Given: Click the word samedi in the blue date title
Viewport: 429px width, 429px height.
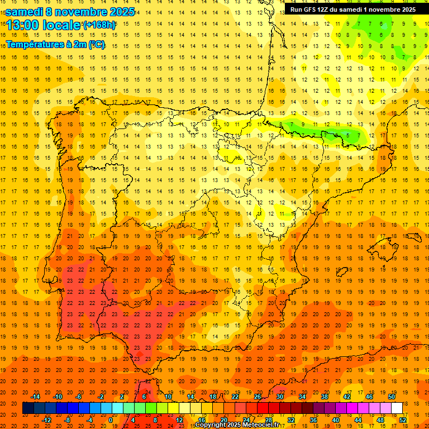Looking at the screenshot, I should point(26,12).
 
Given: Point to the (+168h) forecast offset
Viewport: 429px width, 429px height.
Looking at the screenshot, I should point(99,25).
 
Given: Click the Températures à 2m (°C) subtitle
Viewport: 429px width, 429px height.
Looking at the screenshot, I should point(55,44).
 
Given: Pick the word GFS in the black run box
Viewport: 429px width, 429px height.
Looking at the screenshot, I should point(312,9).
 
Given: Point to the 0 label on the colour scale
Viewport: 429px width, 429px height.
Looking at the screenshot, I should point(111,420).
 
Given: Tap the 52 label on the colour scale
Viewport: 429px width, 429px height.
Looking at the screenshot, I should point(403,420).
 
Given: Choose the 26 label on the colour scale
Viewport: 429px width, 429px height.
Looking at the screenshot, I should point(258,397).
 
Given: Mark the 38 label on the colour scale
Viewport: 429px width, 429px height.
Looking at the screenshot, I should point(324,397).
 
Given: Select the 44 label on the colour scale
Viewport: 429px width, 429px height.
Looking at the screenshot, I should point(358,420).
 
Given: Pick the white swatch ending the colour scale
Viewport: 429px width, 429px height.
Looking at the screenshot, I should point(397,408).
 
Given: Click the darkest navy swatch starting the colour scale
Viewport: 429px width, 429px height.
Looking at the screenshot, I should point(28,408).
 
